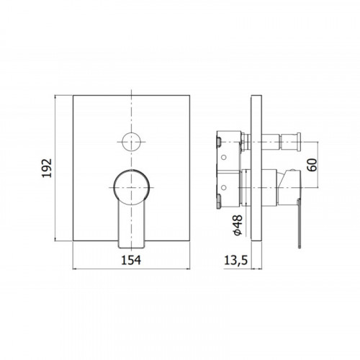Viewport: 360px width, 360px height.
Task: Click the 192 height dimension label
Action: pyautogui.click(x=47, y=168)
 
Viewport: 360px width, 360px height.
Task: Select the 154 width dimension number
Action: pyautogui.click(x=131, y=260)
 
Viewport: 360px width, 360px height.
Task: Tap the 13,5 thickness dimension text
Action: pyautogui.click(x=235, y=261)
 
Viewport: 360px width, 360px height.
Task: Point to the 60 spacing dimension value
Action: pyautogui.click(x=312, y=165)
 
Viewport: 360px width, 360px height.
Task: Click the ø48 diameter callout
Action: pyautogui.click(x=238, y=225)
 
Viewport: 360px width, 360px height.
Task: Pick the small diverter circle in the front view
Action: pyautogui.click(x=131, y=142)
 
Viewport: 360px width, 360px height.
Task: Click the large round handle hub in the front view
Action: pyautogui.click(x=132, y=187)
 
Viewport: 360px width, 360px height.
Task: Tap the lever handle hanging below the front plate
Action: pyautogui.click(x=132, y=225)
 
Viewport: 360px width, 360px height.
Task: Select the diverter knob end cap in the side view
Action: pyautogui.click(x=299, y=142)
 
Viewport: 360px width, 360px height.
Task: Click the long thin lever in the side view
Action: pyautogui.click(x=299, y=223)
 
